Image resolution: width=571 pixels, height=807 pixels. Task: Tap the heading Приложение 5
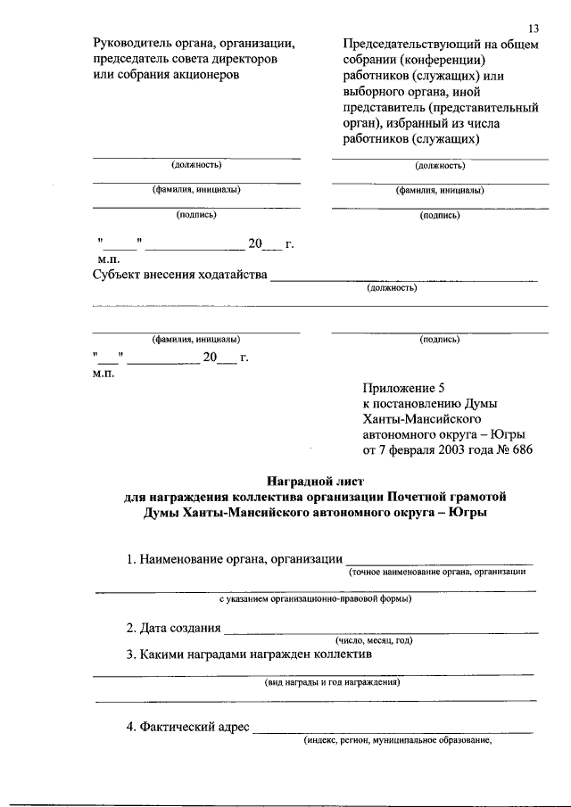(x=402, y=387)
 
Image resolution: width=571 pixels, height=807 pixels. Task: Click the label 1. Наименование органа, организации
(x=235, y=559)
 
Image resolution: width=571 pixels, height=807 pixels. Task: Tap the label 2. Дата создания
(x=173, y=628)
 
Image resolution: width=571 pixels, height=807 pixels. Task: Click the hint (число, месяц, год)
(x=374, y=641)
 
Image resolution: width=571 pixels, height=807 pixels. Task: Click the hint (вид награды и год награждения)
(x=332, y=683)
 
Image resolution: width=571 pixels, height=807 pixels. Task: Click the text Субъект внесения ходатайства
(x=180, y=274)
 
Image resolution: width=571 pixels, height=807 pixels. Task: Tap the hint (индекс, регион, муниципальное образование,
(x=398, y=740)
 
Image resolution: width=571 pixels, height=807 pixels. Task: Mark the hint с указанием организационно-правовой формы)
(x=316, y=598)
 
